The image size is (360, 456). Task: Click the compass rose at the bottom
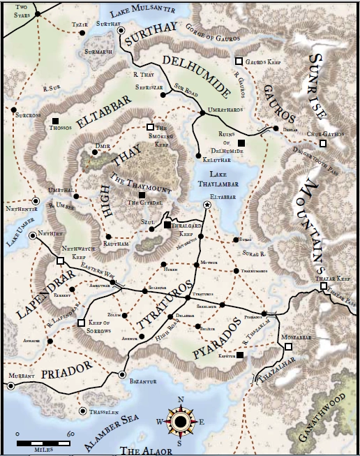(180, 420)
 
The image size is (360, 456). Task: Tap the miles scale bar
(42, 443)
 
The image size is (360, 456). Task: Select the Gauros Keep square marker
(239, 61)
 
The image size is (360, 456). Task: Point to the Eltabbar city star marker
(207, 205)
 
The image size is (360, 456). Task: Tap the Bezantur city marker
(123, 375)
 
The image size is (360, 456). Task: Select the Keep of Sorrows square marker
(82, 323)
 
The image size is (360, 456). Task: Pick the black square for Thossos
(55, 122)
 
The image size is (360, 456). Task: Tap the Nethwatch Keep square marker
(59, 261)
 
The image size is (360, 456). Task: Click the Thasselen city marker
(84, 411)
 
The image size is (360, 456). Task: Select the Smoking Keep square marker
(150, 126)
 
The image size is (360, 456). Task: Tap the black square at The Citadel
(142, 194)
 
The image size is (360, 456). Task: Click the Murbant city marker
(10, 385)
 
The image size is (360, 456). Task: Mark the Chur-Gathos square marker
(322, 144)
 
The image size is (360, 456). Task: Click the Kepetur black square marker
(240, 355)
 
